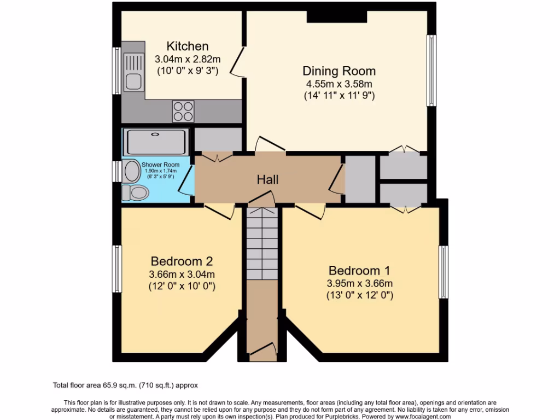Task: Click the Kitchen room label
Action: coord(188,46)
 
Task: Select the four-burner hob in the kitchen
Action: coord(184,112)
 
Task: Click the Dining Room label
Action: coord(339,71)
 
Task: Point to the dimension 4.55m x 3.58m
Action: coord(339,84)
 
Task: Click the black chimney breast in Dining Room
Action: coord(336,16)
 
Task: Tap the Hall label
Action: coord(268,179)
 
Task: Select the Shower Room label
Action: coord(160,165)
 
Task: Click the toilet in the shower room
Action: coord(135,192)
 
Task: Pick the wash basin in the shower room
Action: coord(132,171)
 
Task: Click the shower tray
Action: coord(156,142)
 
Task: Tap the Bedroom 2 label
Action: coord(182,261)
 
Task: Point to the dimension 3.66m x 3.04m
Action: coord(182,274)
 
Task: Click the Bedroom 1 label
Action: coord(359,270)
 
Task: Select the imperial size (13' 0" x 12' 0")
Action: coord(359,295)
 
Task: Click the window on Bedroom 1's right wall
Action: coord(444,272)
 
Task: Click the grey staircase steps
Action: coord(261,244)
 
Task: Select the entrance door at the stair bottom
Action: coord(262,350)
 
